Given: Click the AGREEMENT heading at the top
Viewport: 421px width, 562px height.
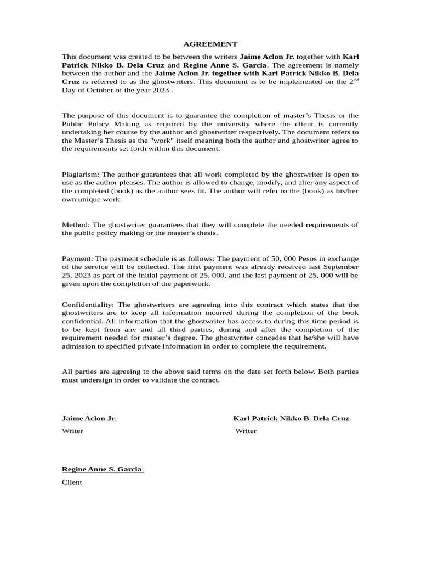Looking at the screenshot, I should [x=210, y=44].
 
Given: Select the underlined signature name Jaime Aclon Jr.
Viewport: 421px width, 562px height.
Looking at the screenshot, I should [x=89, y=418].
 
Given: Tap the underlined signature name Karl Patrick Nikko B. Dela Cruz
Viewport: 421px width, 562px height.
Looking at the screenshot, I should [x=291, y=418].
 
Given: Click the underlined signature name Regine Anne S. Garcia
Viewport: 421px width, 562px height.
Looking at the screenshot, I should [x=103, y=469].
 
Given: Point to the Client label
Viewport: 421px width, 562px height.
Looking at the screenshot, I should [x=72, y=482].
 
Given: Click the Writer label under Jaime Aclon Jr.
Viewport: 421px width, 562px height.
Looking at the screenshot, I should [x=72, y=431].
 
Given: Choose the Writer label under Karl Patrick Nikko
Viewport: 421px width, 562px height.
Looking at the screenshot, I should [x=246, y=431].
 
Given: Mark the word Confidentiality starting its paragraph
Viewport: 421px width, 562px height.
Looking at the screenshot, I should [x=88, y=305].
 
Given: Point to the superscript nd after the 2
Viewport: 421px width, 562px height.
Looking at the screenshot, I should [x=356, y=80].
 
